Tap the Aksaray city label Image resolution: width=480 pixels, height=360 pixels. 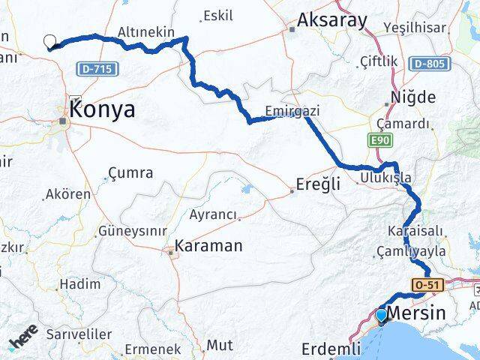[x=332, y=20]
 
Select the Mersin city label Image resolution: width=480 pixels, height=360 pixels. [x=429, y=315]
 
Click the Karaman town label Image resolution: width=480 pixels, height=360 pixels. [x=208, y=245]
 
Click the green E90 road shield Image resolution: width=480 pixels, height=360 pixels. [x=378, y=139]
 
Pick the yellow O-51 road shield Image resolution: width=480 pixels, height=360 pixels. [x=425, y=284]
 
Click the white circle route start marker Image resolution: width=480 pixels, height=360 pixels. [x=50, y=42]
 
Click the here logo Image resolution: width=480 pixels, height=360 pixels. [x=24, y=339]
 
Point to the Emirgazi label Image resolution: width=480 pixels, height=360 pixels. [x=292, y=111]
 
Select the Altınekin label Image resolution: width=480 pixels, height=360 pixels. [x=146, y=32]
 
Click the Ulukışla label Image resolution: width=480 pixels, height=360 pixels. [x=386, y=178]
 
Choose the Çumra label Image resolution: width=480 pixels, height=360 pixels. [x=130, y=173]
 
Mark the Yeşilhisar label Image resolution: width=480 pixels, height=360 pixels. [x=414, y=28]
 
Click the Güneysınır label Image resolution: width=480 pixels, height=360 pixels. [x=132, y=229]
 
